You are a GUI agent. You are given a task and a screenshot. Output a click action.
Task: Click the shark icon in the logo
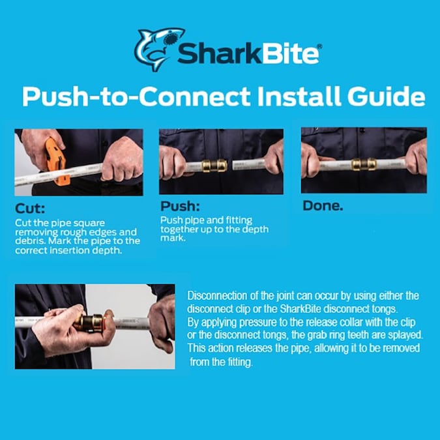pos(156,49)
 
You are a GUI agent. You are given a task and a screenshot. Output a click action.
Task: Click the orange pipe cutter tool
pos(55,160)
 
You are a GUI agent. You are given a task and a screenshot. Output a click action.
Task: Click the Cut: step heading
pos(30,210)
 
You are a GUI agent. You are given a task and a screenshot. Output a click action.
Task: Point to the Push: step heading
pos(180,207)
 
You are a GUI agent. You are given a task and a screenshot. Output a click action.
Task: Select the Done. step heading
pos(324,205)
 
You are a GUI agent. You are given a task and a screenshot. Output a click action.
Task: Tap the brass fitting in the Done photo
pos(361,164)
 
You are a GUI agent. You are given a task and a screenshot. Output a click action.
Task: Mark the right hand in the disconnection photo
pos(161,321)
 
